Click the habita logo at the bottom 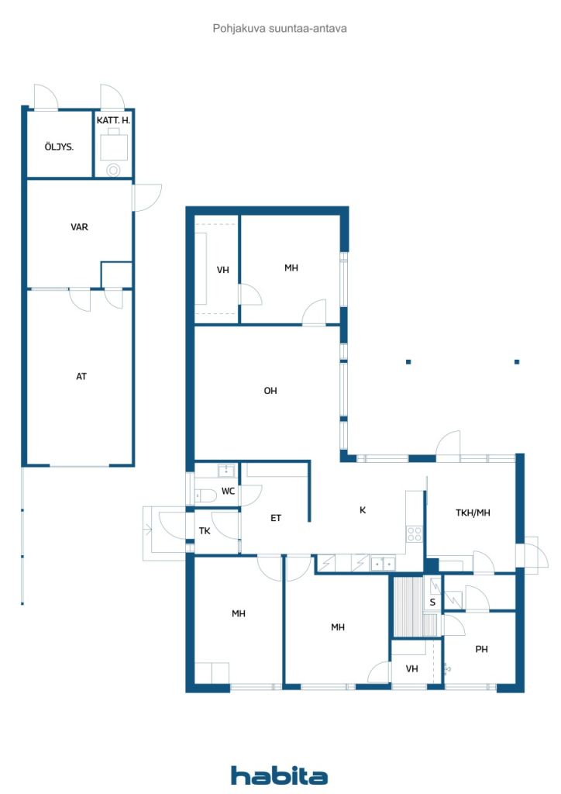pos(279,775)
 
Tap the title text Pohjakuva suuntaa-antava pos(279,29)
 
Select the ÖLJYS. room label pos(59,147)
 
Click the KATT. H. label pos(113,120)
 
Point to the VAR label pos(79,227)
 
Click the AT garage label pos(81,376)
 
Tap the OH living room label pos(270,391)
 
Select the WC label pos(228,491)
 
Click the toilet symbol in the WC pos(205,495)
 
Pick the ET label pos(276,518)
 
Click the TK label pos(205,530)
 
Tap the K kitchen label pos(362,510)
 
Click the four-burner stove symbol pos(415,533)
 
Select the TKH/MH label pos(473,513)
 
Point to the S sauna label pos(432,602)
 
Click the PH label pos(482,649)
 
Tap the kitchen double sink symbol pos(383,563)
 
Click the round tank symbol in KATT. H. pos(113,170)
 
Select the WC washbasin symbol pos(226,471)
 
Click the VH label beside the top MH pos(223,270)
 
